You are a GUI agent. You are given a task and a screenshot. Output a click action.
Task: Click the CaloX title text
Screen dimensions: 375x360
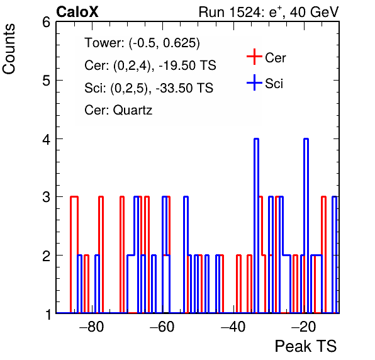77,12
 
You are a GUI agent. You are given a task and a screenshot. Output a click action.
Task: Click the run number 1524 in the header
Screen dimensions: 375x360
245,12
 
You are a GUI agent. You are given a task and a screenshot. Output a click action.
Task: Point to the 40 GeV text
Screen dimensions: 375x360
315,12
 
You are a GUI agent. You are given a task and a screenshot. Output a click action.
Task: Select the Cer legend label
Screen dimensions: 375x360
275,58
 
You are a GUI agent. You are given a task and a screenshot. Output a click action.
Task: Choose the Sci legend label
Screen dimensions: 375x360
274,84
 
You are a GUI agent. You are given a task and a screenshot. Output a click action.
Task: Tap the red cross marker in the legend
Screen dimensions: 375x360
254,57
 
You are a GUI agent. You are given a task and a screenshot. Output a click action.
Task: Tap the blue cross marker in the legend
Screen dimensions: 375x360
254,82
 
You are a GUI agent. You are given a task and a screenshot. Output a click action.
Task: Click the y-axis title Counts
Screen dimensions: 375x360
9,49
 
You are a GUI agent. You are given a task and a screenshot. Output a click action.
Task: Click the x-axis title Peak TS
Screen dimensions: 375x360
306,346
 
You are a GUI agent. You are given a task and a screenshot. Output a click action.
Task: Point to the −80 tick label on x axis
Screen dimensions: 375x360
92,327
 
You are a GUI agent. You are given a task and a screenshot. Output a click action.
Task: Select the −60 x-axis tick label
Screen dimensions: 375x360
162,327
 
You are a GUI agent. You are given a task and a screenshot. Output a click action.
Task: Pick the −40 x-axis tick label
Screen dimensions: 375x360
233,327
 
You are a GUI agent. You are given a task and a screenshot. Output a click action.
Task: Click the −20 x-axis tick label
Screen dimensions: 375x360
304,327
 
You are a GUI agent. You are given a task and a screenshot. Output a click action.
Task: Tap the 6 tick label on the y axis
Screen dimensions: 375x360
47,23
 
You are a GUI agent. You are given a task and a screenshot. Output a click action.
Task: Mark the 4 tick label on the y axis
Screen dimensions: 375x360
47,139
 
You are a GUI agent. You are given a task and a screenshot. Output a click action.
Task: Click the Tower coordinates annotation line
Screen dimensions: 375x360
142,43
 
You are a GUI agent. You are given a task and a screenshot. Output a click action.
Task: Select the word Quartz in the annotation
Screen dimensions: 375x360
133,110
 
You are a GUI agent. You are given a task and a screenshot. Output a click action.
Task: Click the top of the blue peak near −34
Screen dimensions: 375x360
256,138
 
